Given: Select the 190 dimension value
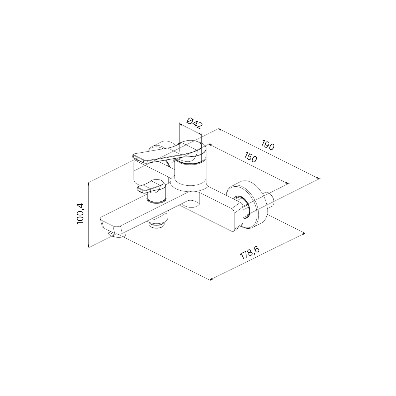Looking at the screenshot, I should point(268,145).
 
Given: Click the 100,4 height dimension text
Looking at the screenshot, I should point(80,214).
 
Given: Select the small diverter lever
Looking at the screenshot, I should point(150,186).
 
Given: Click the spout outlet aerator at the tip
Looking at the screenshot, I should point(115,234).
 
